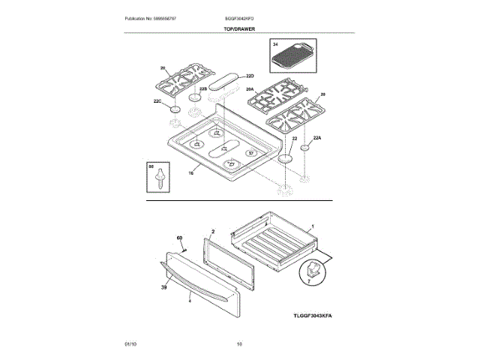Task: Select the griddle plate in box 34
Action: pos(293,57)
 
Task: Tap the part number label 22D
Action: pos(250,76)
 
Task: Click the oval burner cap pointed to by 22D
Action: pos(224,78)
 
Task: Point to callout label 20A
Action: pos(250,89)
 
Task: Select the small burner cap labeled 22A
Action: pos(306,149)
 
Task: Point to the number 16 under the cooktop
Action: pos(191,173)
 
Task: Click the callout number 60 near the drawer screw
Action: pos(179,238)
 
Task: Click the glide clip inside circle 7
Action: pos(313,271)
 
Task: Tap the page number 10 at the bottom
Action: pos(239,343)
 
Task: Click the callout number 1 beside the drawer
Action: pos(312,226)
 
